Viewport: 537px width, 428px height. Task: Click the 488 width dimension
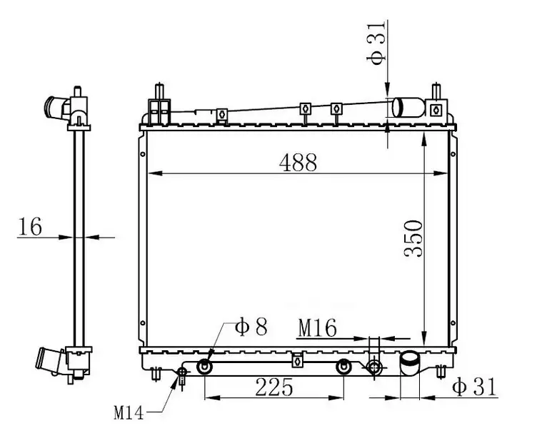298,163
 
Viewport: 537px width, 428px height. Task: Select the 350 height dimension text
413,238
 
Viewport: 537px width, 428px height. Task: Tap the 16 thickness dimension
30,226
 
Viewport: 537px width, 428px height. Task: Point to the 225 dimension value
274,387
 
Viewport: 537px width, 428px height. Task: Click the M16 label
318,328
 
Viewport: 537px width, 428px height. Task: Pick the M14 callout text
129,413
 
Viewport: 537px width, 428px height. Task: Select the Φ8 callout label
251,327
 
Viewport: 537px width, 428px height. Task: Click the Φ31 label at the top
376,42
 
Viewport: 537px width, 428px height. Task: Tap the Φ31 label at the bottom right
474,387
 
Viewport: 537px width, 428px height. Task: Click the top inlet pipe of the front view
408,107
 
